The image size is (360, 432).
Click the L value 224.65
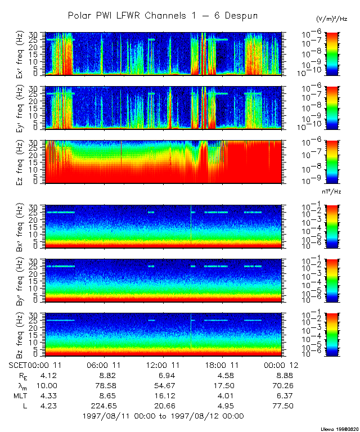[x=104, y=406]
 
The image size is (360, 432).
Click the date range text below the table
[x=163, y=416]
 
